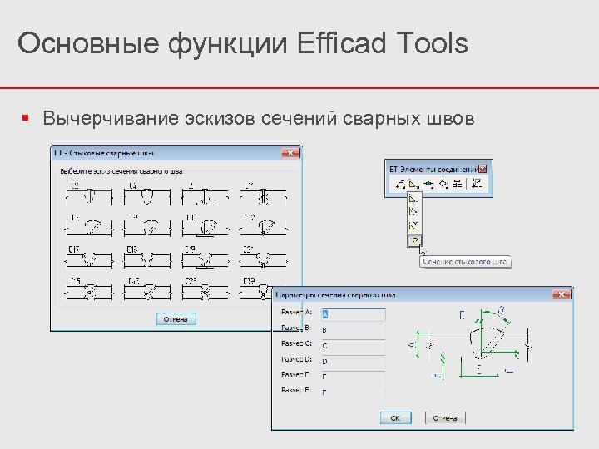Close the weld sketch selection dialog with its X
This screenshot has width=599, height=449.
(290, 154)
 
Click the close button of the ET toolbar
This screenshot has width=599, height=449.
(483, 168)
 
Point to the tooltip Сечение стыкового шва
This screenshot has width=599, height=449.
(464, 262)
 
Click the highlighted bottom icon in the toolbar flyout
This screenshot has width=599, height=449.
(414, 241)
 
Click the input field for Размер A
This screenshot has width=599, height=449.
(353, 314)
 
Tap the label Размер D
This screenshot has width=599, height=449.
(296, 360)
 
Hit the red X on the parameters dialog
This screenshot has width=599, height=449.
(563, 294)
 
